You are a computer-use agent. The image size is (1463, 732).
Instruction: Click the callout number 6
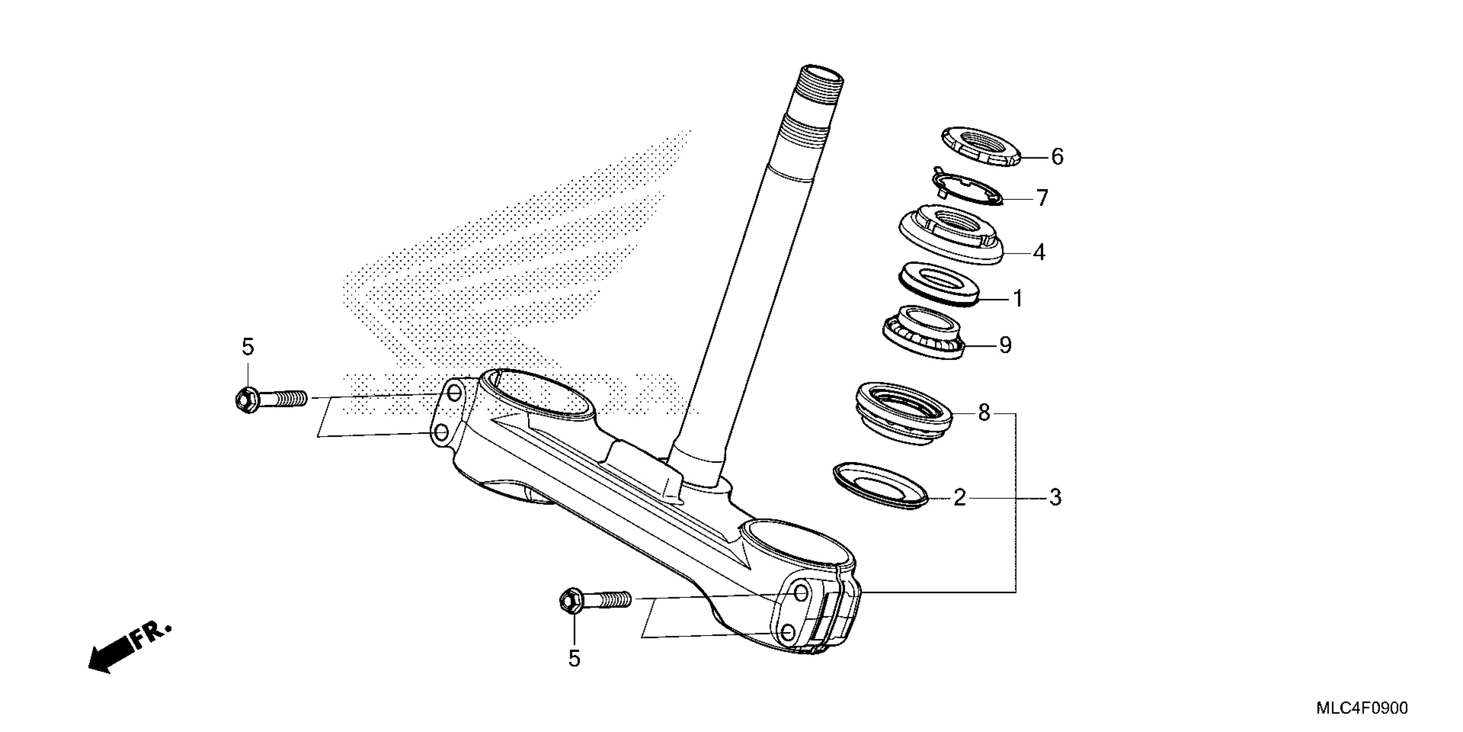(x=1057, y=156)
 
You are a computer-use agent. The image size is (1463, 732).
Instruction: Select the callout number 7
(x=1042, y=199)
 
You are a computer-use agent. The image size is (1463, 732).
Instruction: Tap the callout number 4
(x=1039, y=252)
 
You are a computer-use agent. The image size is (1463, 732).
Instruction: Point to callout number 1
(x=1018, y=298)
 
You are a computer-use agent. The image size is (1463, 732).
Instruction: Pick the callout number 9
(x=1005, y=344)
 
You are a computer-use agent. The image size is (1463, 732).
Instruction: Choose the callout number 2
(x=959, y=498)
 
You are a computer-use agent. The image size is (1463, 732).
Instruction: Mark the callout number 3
(x=1055, y=498)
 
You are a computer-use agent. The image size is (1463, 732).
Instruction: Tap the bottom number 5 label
(x=574, y=659)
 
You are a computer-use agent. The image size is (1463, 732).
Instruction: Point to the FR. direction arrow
(x=128, y=647)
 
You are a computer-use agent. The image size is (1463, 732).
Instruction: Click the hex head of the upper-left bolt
(x=246, y=400)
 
